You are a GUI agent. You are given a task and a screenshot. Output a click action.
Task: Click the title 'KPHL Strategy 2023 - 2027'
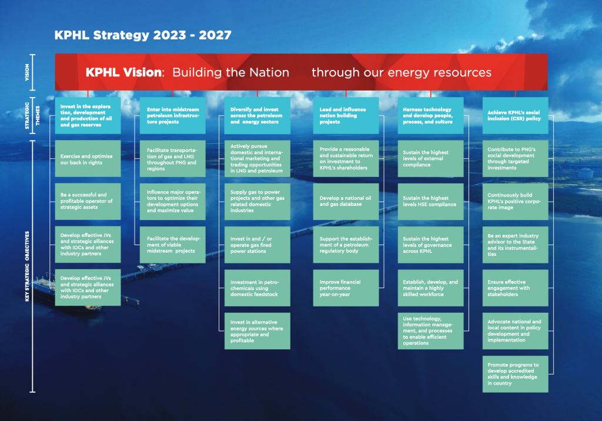click(143, 35)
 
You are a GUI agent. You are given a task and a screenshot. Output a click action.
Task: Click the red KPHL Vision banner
click(301, 73)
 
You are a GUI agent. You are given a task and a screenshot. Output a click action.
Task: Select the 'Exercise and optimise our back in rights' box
click(88, 159)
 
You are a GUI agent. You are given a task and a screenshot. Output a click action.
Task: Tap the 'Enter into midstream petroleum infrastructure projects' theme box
click(172, 116)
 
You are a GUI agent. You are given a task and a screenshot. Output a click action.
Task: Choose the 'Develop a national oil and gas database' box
click(346, 202)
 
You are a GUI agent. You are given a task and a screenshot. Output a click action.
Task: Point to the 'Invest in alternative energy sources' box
click(257, 331)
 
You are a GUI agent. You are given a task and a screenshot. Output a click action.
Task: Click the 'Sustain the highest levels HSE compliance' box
click(430, 202)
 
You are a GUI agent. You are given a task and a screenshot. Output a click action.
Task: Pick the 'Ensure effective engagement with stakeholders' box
click(515, 288)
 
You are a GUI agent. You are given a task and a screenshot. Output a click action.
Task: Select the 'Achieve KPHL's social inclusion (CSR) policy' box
click(515, 116)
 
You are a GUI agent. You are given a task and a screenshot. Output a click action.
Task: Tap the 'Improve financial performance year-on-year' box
click(346, 288)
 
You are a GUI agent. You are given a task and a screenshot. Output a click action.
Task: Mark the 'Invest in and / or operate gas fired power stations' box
click(257, 245)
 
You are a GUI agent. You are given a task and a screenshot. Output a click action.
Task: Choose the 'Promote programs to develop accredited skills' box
click(515, 374)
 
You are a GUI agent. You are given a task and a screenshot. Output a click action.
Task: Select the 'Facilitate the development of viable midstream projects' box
click(172, 245)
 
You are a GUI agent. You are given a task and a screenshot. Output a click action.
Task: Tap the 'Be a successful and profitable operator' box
click(88, 202)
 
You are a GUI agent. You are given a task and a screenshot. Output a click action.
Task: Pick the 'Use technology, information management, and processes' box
click(430, 331)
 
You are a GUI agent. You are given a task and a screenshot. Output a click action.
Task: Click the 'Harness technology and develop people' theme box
click(430, 116)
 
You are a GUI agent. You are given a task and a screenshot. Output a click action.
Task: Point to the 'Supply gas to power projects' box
click(257, 202)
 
